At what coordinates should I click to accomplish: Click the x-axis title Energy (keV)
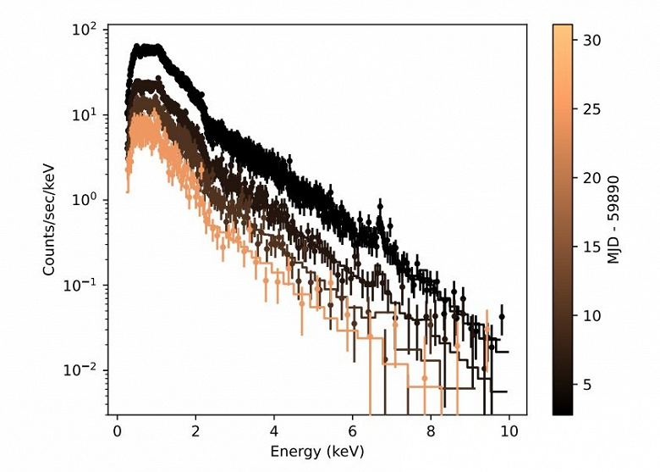317,452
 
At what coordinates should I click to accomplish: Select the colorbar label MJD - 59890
616,220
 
